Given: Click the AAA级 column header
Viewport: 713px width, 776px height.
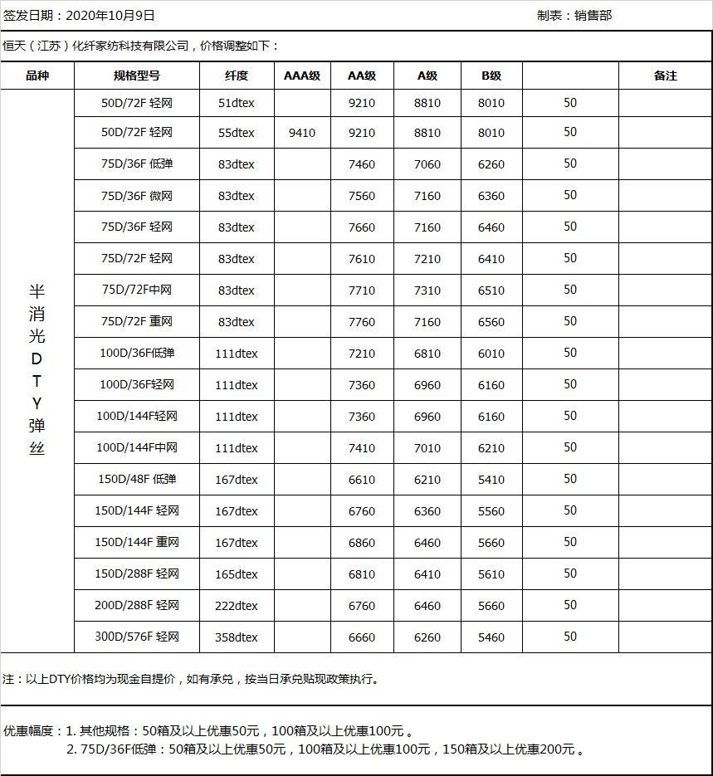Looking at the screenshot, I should click(x=302, y=76).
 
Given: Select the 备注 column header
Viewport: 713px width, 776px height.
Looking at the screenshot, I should click(x=665, y=76).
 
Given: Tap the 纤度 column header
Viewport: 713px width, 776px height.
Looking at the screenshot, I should click(x=237, y=76).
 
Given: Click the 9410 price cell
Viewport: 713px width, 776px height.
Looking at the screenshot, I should click(x=302, y=133).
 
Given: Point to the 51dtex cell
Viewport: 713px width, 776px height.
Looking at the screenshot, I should click(x=237, y=104).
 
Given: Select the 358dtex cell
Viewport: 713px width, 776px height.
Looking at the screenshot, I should click(x=237, y=637).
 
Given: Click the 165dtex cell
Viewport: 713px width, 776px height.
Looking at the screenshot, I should click(x=237, y=574).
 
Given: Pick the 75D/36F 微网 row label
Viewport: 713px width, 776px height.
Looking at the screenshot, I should click(x=137, y=196).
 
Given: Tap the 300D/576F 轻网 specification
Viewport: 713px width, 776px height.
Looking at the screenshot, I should click(x=137, y=637).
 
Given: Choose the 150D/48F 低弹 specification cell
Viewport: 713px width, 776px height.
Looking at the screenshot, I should click(x=137, y=480).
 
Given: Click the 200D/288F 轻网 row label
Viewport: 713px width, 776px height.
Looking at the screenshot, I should click(x=137, y=606).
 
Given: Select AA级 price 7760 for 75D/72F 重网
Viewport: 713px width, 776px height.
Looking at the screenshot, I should click(x=362, y=322).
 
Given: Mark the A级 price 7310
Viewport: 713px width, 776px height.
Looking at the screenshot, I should click(x=427, y=290).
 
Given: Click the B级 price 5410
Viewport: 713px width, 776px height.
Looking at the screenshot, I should click(x=491, y=480).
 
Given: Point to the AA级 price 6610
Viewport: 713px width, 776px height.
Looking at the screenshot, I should click(x=362, y=480).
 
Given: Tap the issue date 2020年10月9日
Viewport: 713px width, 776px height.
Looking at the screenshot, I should click(x=110, y=16).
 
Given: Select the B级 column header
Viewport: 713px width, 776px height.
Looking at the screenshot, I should click(x=491, y=76).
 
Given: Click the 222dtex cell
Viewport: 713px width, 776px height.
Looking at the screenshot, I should click(x=237, y=606).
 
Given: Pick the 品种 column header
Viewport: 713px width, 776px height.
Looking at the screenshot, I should click(x=37, y=76).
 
